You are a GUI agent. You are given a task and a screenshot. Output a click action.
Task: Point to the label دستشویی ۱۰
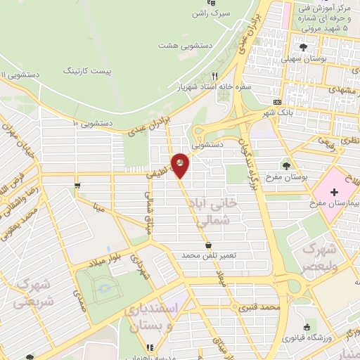(x=91, y=123)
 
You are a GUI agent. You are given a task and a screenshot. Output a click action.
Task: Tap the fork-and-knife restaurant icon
(x=215, y=75)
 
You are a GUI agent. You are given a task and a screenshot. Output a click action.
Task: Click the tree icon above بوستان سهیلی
(x=303, y=48)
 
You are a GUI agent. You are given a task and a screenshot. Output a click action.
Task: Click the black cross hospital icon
(x=333, y=191)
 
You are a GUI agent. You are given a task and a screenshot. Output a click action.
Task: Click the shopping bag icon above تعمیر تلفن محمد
(x=208, y=244)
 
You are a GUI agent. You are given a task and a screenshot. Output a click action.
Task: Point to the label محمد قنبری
(x=259, y=307)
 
